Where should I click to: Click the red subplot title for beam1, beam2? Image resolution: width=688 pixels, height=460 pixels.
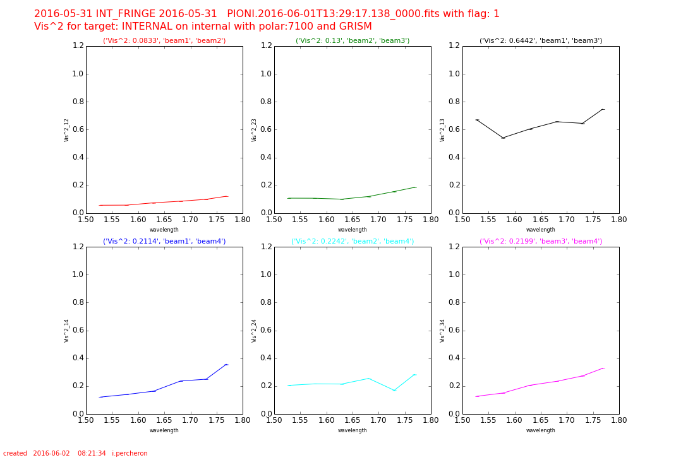(164, 40)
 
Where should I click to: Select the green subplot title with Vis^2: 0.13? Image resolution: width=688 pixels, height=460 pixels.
(353, 40)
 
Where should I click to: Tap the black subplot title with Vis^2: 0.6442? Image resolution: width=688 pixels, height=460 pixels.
(541, 40)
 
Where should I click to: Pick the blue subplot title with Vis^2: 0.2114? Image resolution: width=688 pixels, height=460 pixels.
(164, 241)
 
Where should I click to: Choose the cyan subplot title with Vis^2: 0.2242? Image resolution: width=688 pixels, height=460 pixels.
(353, 241)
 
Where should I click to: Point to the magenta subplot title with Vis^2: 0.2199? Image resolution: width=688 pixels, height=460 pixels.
(541, 241)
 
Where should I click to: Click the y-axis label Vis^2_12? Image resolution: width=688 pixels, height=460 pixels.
(66, 130)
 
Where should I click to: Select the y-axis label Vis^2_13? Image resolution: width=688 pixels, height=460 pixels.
(443, 130)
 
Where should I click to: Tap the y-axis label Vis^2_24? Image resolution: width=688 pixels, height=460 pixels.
(255, 331)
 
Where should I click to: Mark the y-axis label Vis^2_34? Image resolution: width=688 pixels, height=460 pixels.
(443, 331)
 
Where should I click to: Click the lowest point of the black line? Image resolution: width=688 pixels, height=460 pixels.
(503, 138)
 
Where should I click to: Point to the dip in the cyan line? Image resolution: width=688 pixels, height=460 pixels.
(394, 391)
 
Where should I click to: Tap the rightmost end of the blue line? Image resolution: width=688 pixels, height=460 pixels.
(226, 364)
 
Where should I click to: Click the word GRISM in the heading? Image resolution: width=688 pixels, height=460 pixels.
(355, 27)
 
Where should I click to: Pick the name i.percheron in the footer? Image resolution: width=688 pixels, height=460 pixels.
(130, 453)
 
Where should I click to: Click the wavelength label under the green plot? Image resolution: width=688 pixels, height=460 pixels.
(353, 230)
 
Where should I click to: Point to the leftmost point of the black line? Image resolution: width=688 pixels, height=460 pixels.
(477, 120)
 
